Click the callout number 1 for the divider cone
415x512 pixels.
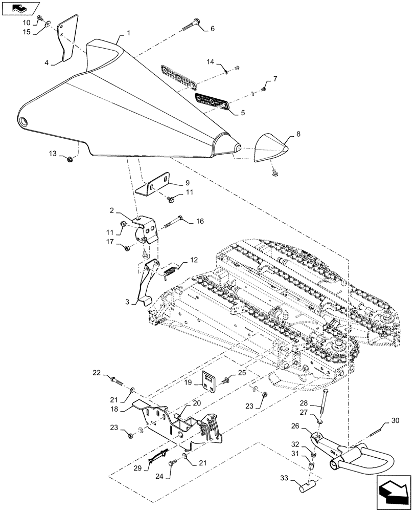coord(129,33)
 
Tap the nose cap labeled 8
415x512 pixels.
coord(271,148)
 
